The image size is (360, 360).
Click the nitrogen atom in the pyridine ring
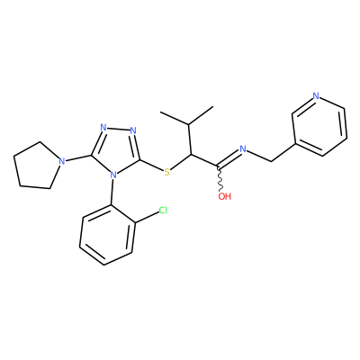[x=316, y=96]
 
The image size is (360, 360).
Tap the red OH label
[x=225, y=196]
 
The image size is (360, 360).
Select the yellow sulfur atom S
[x=166, y=172]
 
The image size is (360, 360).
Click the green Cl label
[x=163, y=211]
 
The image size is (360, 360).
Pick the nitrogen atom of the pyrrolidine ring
[x=61, y=161]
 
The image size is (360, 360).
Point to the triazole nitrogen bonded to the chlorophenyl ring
[x=113, y=175]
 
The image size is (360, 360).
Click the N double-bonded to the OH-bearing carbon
[x=243, y=148]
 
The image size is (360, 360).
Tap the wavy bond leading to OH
[x=220, y=178]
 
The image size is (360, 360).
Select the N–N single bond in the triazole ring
[x=119, y=130]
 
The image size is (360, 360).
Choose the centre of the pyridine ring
[x=319, y=125]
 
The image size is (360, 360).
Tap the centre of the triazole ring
[x=116, y=149]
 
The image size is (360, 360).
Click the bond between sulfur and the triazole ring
[x=151, y=165]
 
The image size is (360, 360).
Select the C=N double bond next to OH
[x=229, y=157]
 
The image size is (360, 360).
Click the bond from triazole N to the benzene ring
[x=112, y=193]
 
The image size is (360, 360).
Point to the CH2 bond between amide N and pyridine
[x=258, y=156]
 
